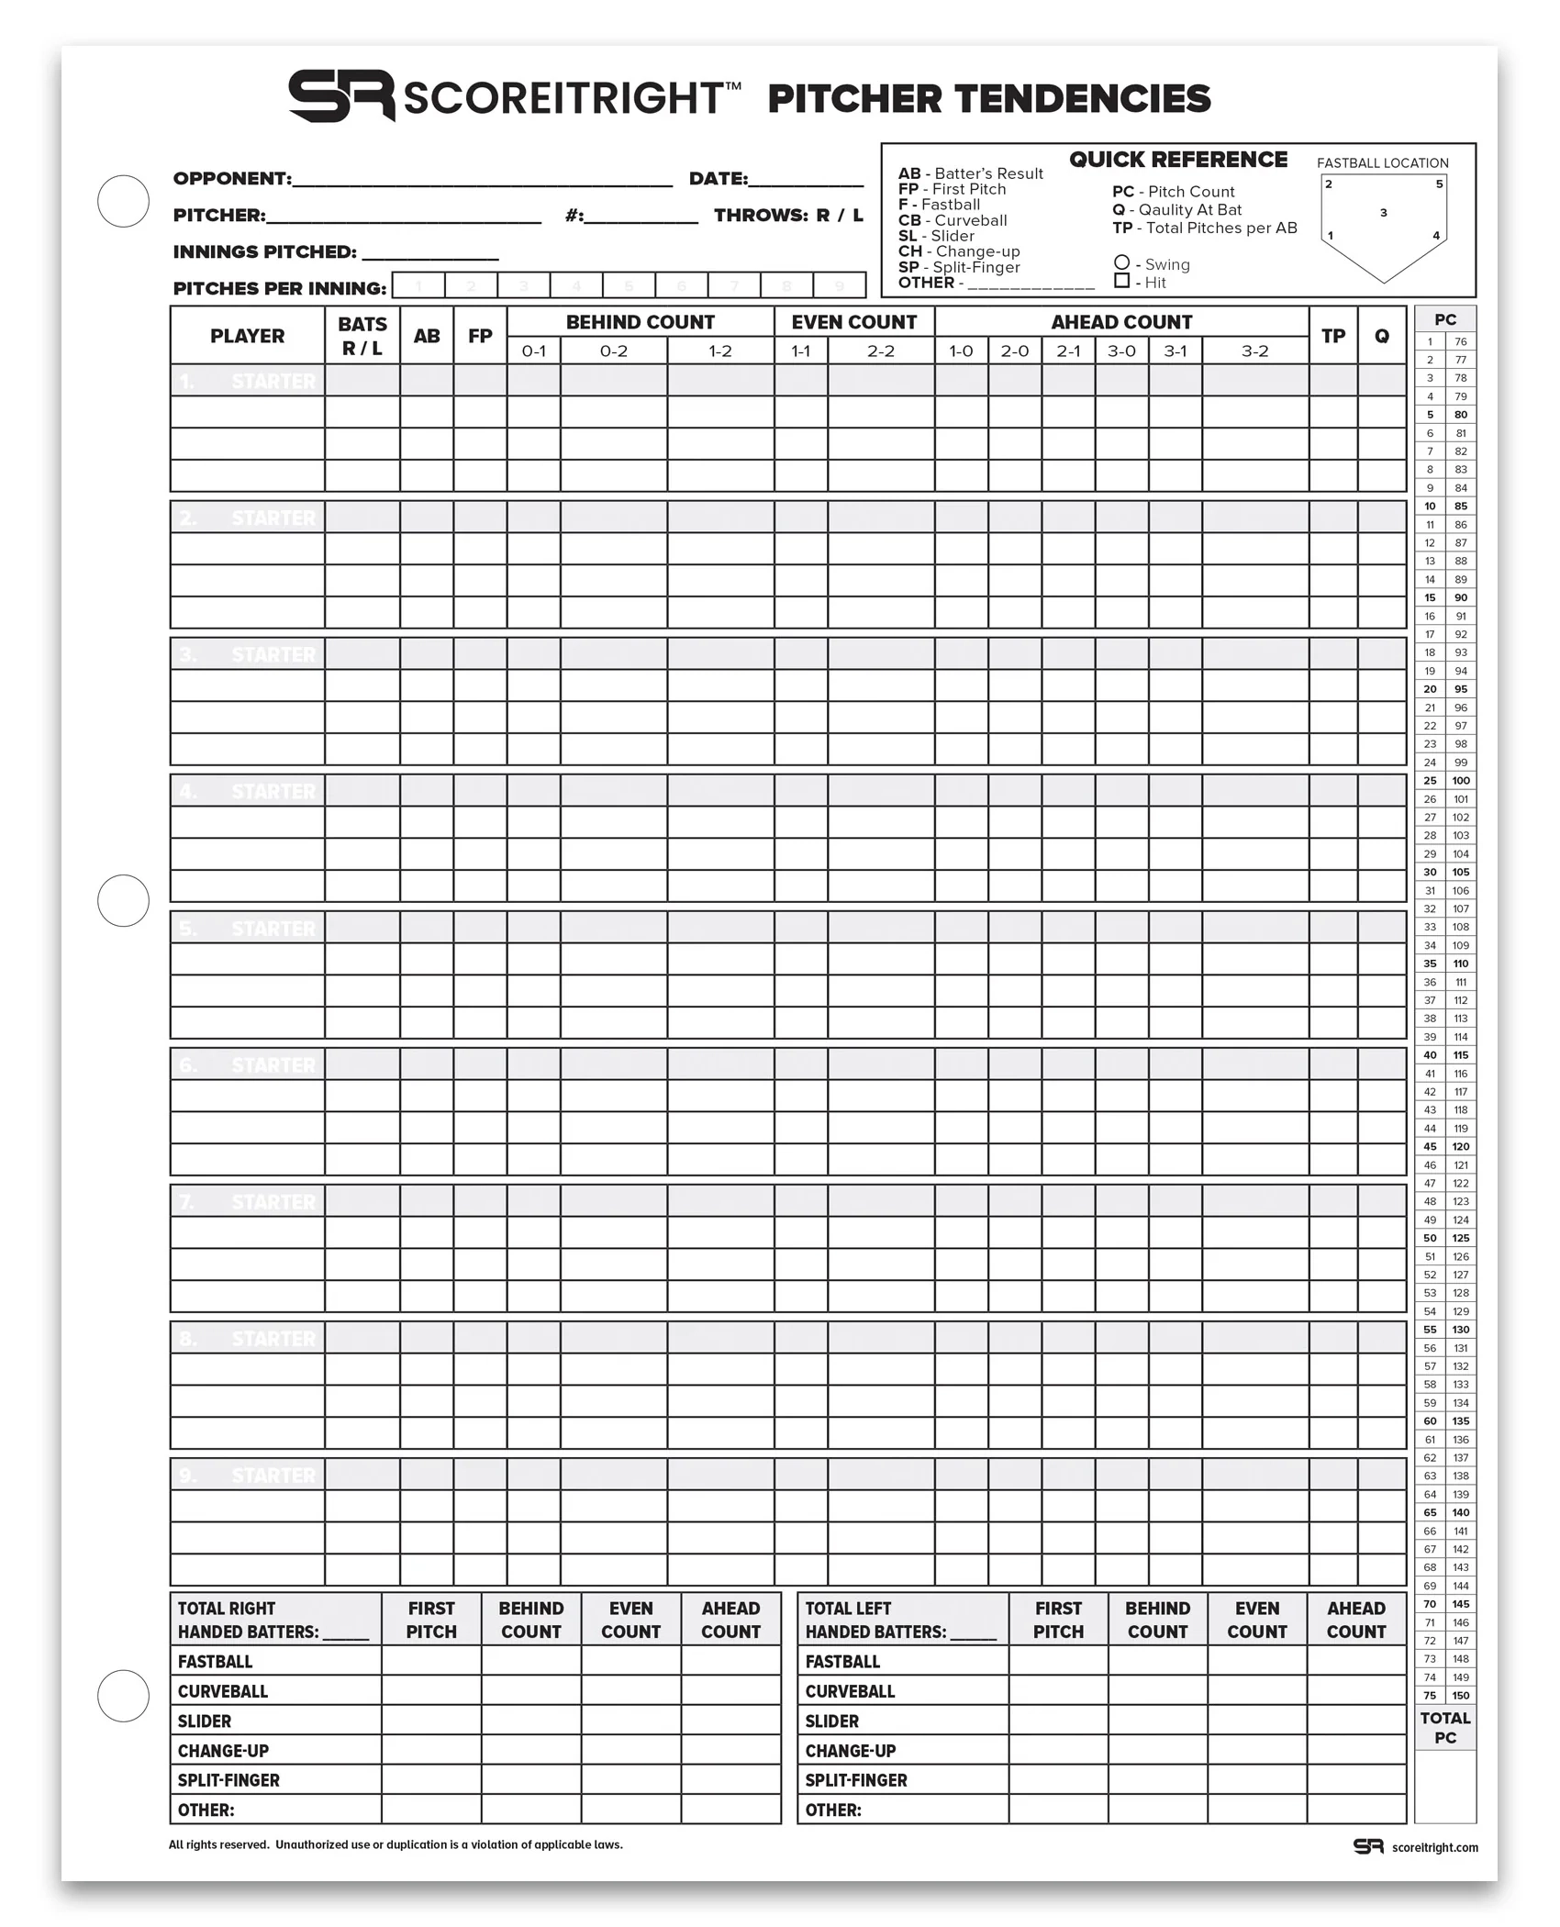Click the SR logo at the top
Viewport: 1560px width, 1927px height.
(341, 95)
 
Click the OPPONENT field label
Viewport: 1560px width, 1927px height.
(232, 178)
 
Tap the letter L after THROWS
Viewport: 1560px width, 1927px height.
(857, 215)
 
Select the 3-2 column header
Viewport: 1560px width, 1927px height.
(1254, 351)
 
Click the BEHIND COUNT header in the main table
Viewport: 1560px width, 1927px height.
(640, 322)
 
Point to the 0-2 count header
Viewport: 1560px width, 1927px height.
(613, 351)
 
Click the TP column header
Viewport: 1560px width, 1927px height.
(1332, 336)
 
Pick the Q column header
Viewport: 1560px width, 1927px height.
(1381, 336)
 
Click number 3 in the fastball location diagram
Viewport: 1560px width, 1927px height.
(1383, 213)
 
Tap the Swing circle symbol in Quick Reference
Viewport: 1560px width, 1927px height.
(1121, 263)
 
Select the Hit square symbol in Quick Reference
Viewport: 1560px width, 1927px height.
(1121, 281)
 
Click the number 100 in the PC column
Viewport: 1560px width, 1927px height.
(1461, 780)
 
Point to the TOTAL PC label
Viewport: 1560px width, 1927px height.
(1444, 1727)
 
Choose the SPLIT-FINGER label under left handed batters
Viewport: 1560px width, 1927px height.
(856, 1780)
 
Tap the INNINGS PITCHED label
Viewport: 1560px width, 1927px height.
(264, 251)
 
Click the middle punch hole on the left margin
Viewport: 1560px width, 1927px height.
(123, 900)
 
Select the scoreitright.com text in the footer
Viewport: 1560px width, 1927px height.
(1434, 1847)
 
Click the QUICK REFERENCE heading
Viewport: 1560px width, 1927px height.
(1177, 160)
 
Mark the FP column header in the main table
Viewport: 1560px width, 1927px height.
(480, 336)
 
